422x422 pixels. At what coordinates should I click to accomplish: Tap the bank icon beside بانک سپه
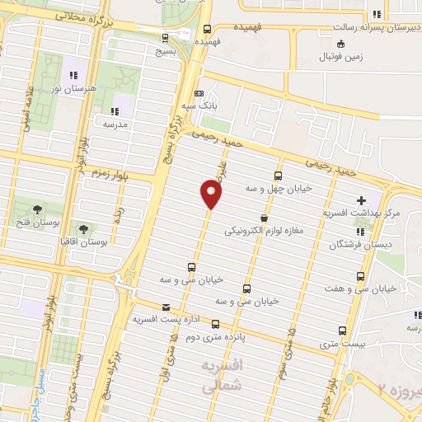pos(199,93)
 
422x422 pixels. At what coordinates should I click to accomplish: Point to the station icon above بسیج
pos(166,37)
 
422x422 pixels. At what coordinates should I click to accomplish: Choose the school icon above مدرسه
pos(115,110)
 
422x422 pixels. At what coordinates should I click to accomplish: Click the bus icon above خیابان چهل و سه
pos(278,176)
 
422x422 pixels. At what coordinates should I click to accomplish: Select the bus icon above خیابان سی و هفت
pos(362,277)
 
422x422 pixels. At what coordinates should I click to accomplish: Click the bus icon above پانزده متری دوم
pos(216,324)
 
